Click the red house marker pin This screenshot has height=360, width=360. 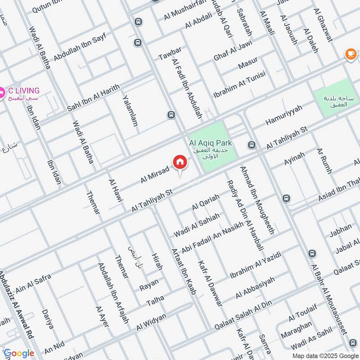click(179, 162)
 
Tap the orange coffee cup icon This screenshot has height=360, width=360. click(350, 54)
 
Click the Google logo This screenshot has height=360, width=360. click(18, 353)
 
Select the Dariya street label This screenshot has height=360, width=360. click(47, 319)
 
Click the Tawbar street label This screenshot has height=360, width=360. click(170, 53)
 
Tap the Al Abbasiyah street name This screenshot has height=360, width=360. click(255, 287)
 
